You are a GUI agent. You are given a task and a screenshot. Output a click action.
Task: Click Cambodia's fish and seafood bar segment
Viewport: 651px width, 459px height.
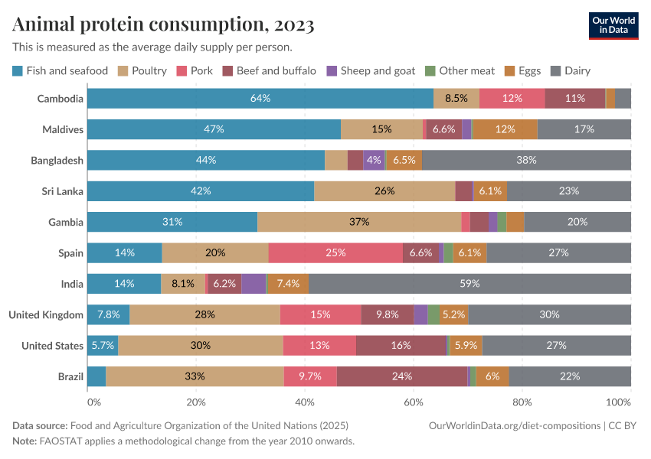(x=260, y=98)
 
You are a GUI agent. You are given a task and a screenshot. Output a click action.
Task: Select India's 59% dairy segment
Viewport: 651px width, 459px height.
(x=469, y=284)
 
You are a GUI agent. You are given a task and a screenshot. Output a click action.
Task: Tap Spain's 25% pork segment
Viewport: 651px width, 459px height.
(x=335, y=252)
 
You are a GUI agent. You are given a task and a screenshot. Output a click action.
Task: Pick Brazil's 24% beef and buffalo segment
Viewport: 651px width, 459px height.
(x=402, y=376)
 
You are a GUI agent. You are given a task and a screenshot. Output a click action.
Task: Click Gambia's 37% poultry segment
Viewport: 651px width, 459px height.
(x=359, y=222)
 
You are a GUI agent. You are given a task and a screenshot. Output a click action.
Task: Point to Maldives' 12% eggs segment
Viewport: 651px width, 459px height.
(x=505, y=129)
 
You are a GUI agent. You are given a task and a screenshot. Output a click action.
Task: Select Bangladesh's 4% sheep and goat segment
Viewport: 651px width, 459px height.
(x=374, y=160)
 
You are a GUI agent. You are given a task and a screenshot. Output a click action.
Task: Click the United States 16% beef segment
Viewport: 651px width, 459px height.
(x=401, y=346)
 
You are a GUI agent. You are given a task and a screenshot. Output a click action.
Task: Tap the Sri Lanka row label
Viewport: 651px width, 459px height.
(x=63, y=191)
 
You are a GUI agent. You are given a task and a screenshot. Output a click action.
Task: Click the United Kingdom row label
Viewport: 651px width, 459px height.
(x=45, y=314)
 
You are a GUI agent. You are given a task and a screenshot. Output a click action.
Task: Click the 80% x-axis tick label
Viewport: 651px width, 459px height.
(x=522, y=402)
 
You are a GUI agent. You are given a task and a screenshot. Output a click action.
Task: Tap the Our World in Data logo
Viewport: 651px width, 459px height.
(x=613, y=24)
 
